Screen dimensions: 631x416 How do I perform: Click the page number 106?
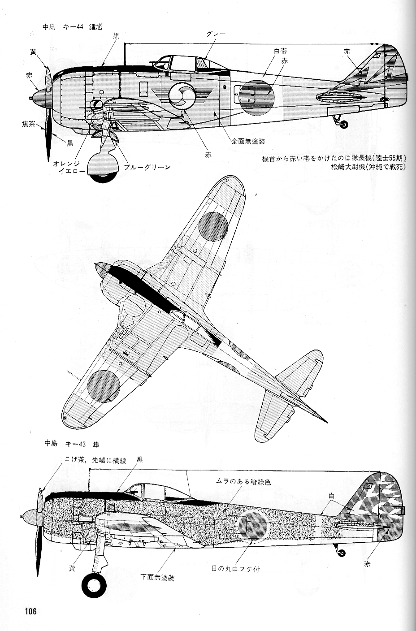point(30,611)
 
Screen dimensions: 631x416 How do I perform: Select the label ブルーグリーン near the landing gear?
point(147,167)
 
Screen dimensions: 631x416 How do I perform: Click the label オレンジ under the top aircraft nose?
point(66,164)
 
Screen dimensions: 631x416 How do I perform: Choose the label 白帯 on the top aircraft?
point(280,51)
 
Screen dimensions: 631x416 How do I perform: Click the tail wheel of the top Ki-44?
point(343,124)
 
